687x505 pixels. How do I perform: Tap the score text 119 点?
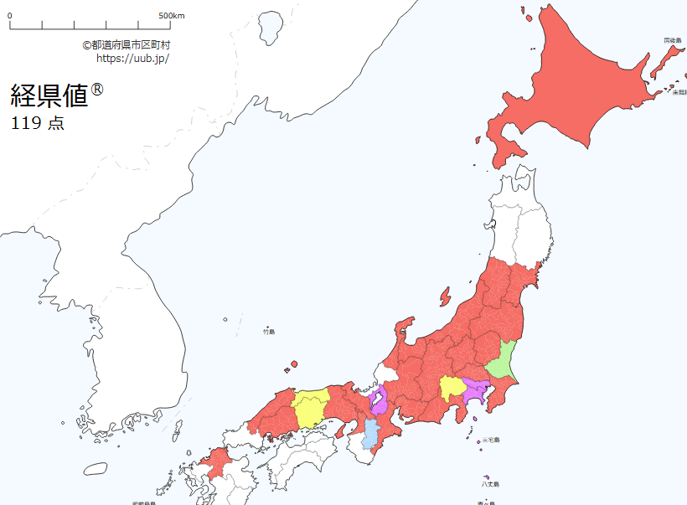(x=38, y=124)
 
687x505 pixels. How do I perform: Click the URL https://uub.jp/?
(x=132, y=59)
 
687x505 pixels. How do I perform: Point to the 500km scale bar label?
(x=171, y=15)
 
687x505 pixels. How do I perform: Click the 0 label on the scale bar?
(x=10, y=15)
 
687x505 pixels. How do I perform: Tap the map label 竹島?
(x=268, y=332)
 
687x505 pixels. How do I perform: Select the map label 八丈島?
(x=490, y=484)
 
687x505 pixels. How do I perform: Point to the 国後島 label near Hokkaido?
(x=674, y=40)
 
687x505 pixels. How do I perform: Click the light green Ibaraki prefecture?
(x=504, y=359)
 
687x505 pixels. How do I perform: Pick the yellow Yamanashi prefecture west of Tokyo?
(x=451, y=387)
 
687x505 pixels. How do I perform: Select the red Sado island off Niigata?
(x=442, y=295)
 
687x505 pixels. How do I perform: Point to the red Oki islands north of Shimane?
(x=292, y=365)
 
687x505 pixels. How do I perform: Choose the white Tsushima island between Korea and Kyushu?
(x=178, y=429)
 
